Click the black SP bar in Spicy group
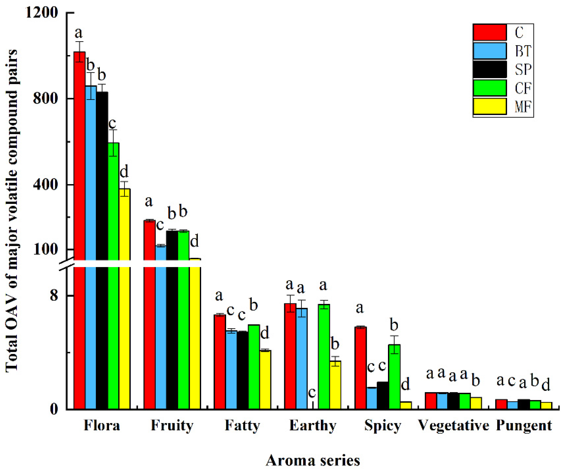pos(382,395)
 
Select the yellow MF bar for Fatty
pos(265,380)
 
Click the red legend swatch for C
pos(490,32)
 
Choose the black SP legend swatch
pos(490,69)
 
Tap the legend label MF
pos(523,107)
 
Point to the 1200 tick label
pos(41,12)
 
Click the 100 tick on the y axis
pos(45,249)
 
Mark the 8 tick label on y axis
pos(54,295)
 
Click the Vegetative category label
pos(453,425)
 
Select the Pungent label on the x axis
pos(524,425)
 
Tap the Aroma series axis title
pos(313,460)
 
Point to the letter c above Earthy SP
pos(312,392)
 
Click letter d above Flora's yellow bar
pos(124,171)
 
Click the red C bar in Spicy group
pos(360,368)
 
